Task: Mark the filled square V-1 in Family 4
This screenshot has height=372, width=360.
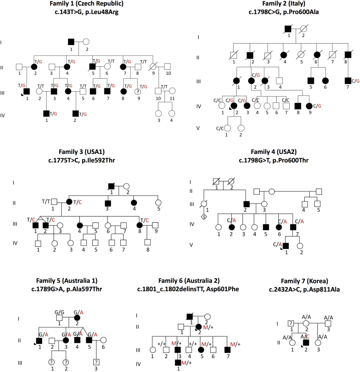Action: coord(285,246)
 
